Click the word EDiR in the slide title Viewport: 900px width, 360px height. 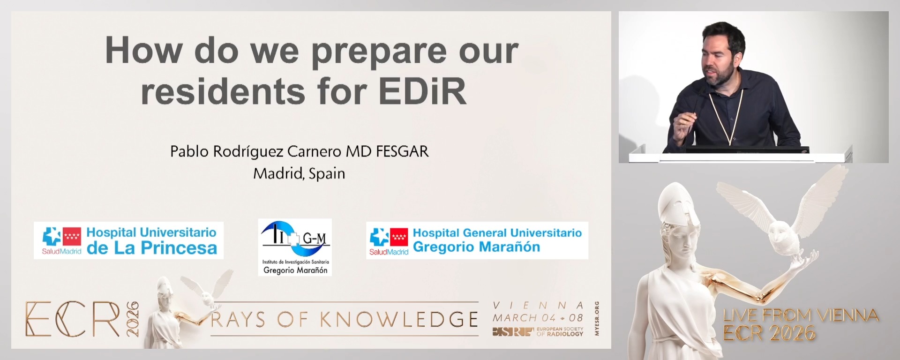tap(423, 91)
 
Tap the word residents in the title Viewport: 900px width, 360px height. tap(223, 91)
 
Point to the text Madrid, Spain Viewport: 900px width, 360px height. tap(299, 173)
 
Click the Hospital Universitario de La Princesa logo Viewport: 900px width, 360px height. tap(128, 240)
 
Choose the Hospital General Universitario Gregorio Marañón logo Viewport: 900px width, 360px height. tap(477, 240)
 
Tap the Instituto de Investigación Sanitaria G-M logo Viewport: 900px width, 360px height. tap(295, 247)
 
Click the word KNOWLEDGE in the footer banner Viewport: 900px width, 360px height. tap(399, 320)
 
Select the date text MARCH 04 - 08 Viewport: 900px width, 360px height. tap(538, 318)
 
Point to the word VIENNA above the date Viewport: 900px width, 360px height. tap(538, 306)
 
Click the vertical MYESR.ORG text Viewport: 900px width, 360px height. tap(597, 318)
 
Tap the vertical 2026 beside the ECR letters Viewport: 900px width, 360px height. tap(133, 319)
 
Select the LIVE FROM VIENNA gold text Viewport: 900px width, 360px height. tap(800, 315)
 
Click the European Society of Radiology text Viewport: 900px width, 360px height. tap(560, 332)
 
